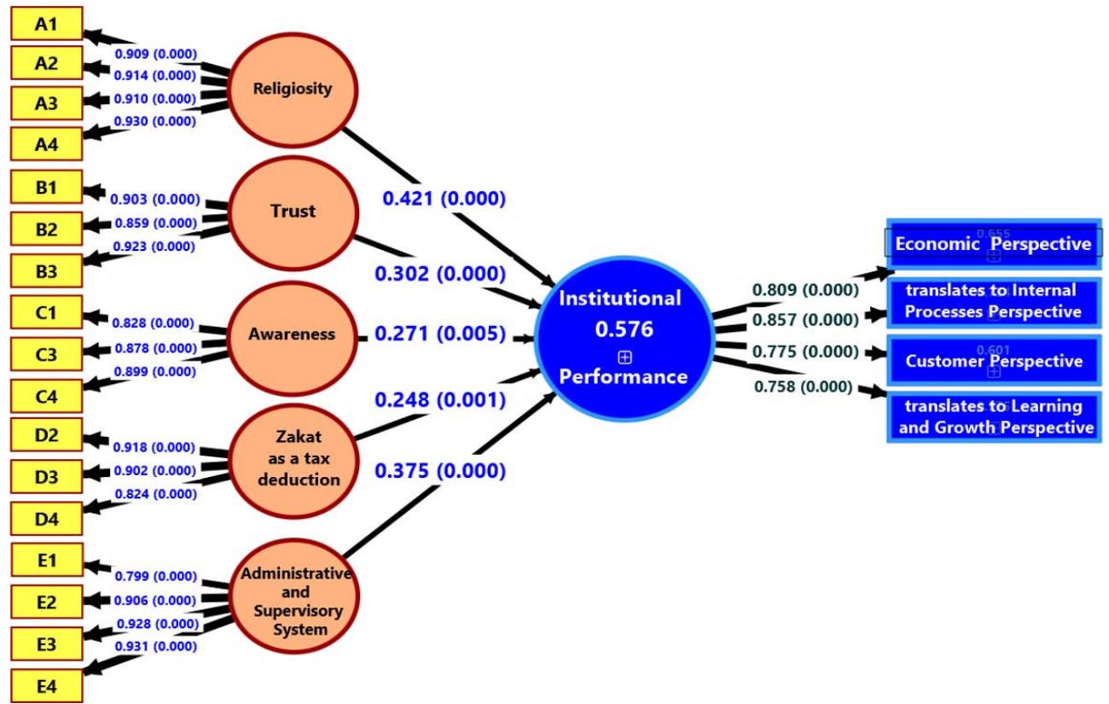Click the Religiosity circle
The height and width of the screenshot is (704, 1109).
click(x=292, y=90)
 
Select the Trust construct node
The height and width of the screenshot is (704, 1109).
click(x=292, y=212)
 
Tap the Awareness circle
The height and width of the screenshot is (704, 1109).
click(x=292, y=335)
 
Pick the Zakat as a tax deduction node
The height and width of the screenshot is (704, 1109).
click(x=292, y=458)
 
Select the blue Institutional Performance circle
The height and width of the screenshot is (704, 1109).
click(x=624, y=336)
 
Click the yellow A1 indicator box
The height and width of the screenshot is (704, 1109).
click(x=46, y=23)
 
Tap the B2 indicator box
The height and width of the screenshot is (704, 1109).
click(x=46, y=228)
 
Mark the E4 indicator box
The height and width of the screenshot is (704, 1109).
click(x=46, y=685)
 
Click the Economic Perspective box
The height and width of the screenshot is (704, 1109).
click(x=993, y=244)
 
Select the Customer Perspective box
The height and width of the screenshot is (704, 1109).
click(x=993, y=361)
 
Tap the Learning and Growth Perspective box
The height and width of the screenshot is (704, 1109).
click(x=993, y=417)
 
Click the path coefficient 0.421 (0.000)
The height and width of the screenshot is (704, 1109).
click(x=444, y=199)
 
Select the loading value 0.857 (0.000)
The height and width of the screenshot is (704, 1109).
click(x=804, y=320)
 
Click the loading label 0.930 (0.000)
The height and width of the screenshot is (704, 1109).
click(x=155, y=121)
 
